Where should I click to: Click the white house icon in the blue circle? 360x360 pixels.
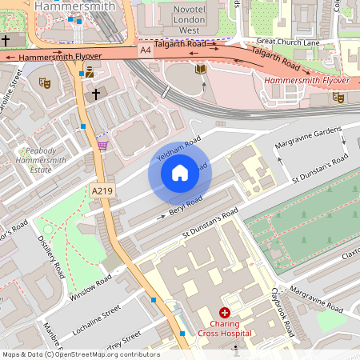(x=179, y=173)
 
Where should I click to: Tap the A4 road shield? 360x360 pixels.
(x=145, y=50)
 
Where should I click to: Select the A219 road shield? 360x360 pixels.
(x=102, y=190)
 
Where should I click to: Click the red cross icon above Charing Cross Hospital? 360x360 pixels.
(x=225, y=312)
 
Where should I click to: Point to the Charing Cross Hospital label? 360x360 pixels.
(x=225, y=328)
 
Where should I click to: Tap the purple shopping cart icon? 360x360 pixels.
(x=102, y=145)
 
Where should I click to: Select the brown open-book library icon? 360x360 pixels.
(x=200, y=70)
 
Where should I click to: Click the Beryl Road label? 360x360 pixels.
(x=186, y=206)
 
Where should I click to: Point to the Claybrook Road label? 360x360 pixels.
(x=284, y=312)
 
